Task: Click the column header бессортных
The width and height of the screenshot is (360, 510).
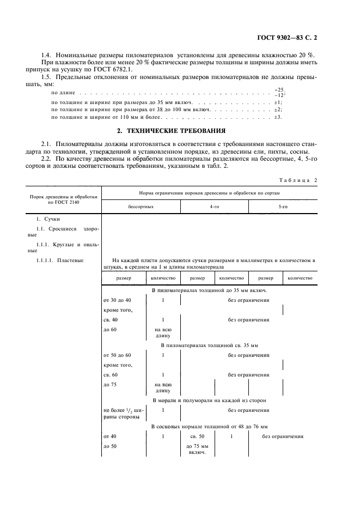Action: [141, 208]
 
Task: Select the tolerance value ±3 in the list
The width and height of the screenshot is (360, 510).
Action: [278, 117]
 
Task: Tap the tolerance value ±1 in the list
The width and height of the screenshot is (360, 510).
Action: [278, 102]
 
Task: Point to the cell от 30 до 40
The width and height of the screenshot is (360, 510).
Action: [117, 300]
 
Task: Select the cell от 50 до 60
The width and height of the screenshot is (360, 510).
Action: [117, 355]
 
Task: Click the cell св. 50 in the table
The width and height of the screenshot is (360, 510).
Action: [197, 437]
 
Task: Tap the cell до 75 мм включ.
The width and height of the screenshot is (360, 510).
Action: [197, 449]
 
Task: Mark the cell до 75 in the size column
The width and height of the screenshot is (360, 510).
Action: [109, 384]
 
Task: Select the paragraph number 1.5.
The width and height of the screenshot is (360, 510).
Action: [48, 77]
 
